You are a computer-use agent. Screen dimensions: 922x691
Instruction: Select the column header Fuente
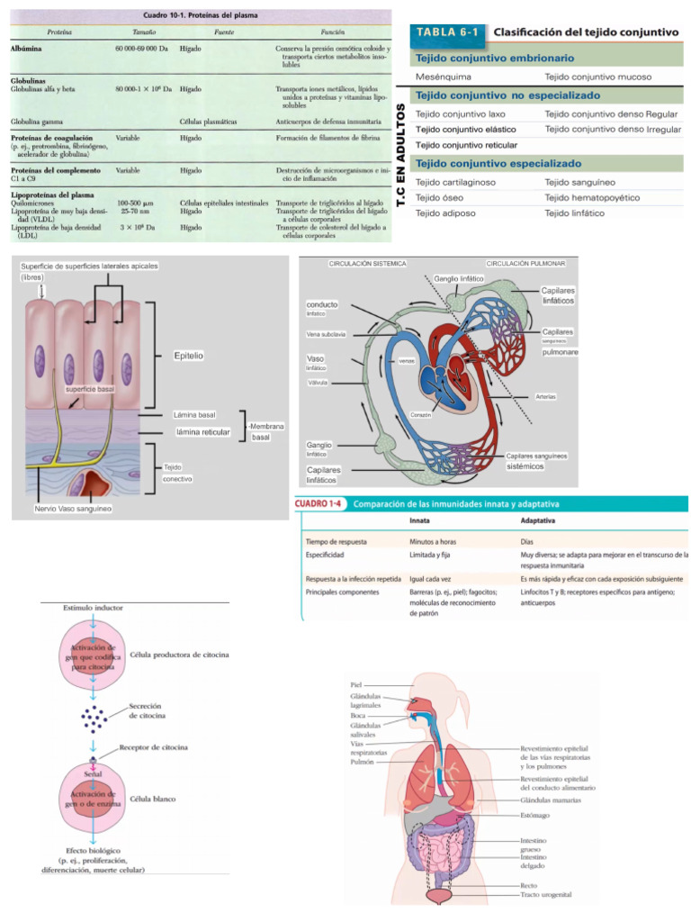[225, 31]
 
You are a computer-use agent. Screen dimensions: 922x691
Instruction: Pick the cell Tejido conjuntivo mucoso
[598, 77]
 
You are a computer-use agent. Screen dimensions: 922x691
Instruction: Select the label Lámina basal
[194, 415]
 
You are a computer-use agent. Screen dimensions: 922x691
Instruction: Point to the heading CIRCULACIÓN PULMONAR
[525, 263]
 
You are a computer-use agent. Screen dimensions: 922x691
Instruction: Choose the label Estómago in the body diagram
[537, 815]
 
